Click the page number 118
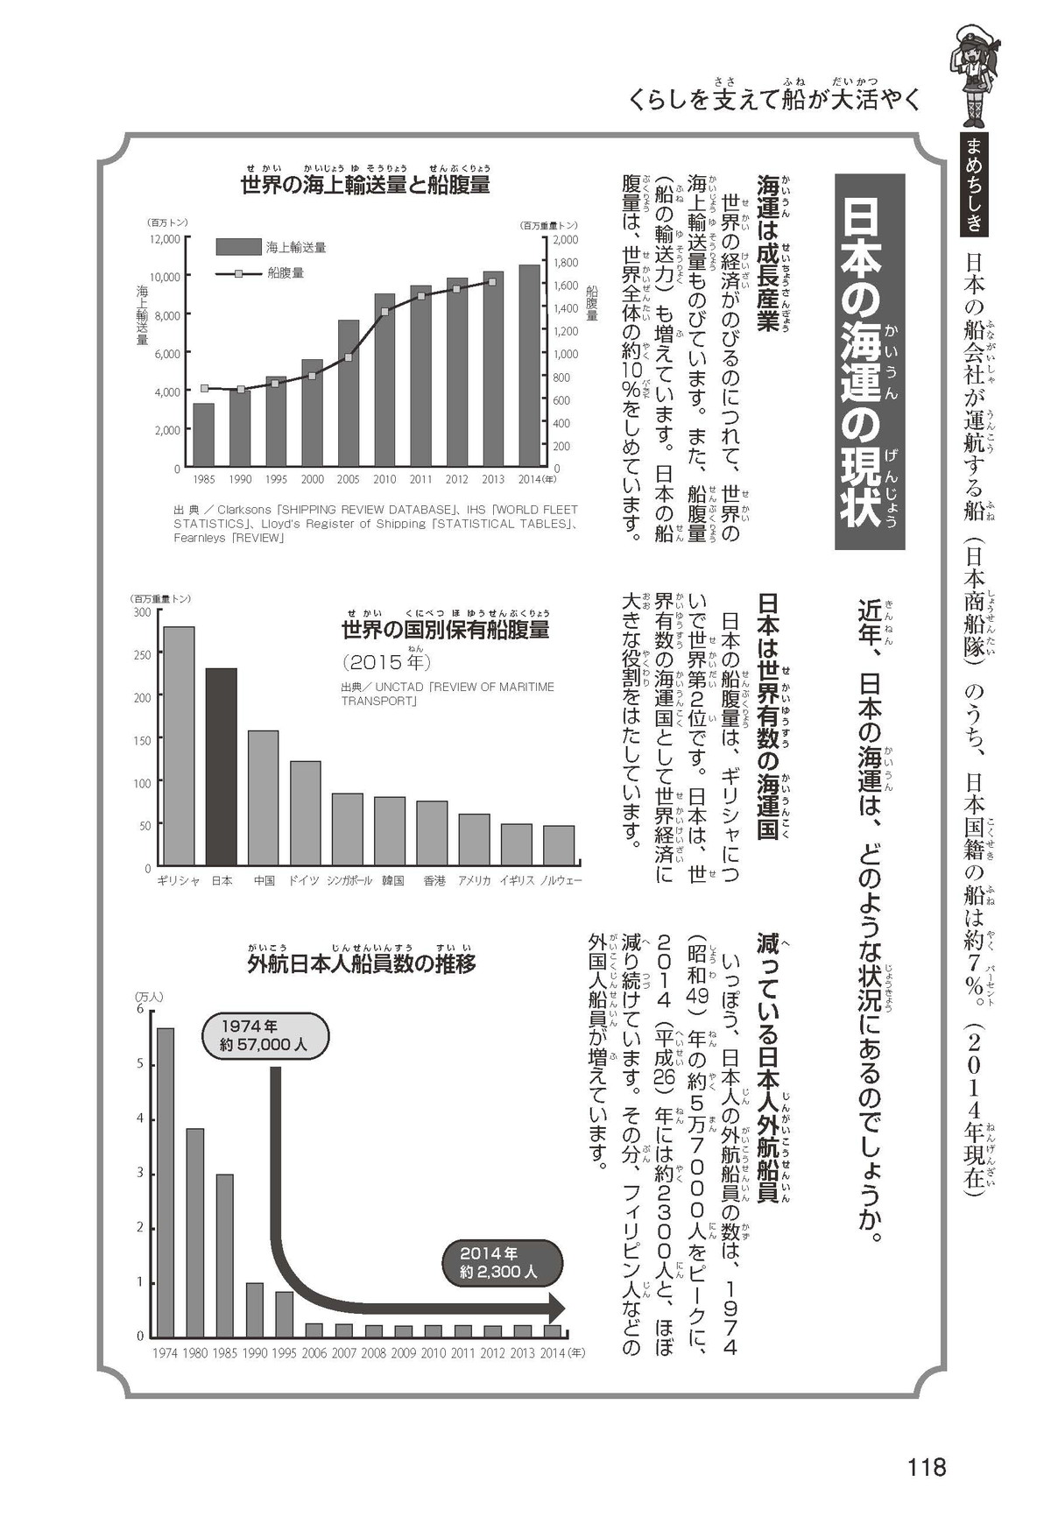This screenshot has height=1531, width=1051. [927, 1466]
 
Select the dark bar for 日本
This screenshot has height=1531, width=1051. [221, 767]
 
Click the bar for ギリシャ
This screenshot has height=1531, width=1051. [179, 746]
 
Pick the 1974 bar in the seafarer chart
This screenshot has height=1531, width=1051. [166, 1182]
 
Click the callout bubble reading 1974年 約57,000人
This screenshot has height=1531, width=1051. [265, 1034]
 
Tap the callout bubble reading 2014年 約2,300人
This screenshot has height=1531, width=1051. [498, 1262]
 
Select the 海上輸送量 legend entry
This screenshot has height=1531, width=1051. [271, 247]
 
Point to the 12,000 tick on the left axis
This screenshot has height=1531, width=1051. [165, 238]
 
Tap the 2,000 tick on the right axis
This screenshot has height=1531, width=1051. [567, 239]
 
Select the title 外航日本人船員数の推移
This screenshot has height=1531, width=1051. [361, 964]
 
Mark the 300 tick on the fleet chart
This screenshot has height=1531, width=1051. [142, 611]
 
